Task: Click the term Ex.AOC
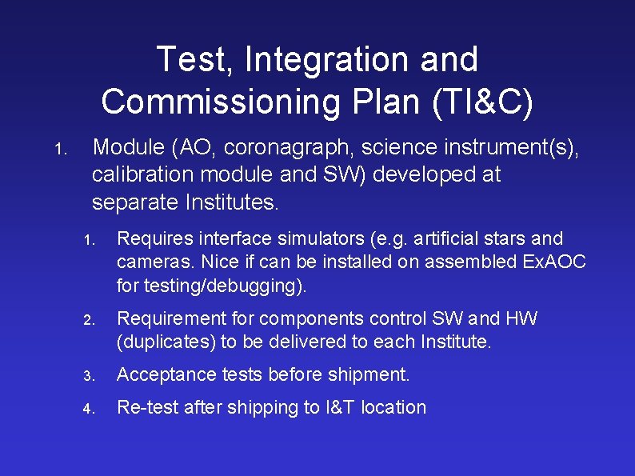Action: pyautogui.click(x=556, y=262)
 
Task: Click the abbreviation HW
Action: pyautogui.click(x=521, y=318)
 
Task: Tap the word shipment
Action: pyautogui.click(x=373, y=374)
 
